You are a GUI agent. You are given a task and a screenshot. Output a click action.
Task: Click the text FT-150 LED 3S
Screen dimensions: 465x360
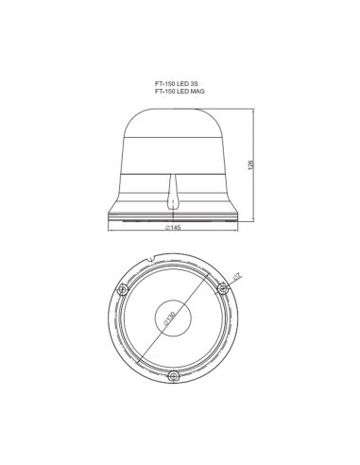tap(179, 83)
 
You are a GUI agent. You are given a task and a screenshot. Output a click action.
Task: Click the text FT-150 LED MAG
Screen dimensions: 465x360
tap(180, 91)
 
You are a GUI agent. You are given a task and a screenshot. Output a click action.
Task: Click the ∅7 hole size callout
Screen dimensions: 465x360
tap(237, 276)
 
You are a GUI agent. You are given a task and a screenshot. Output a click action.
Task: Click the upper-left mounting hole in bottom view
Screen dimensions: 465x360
tap(122, 288)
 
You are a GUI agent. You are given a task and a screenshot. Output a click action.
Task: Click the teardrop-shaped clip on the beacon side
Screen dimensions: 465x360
tap(172, 198)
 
